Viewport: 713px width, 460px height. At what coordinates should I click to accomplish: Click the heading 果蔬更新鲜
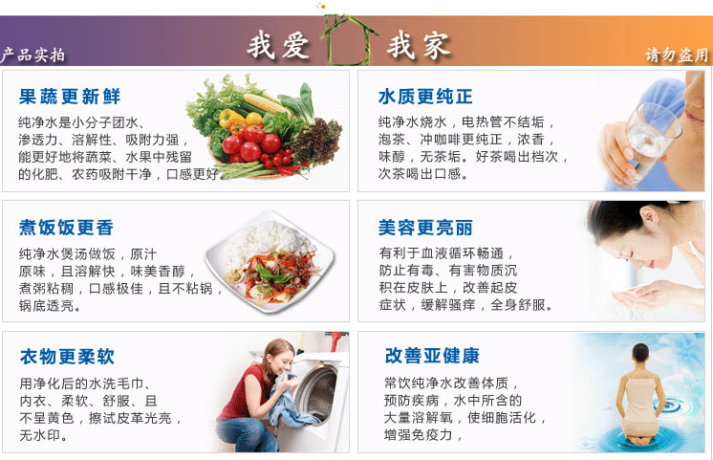[70, 97]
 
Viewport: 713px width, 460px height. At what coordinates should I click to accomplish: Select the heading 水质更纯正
[425, 97]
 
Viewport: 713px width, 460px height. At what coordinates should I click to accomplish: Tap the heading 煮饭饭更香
[66, 228]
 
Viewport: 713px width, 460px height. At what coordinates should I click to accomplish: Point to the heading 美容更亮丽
[425, 228]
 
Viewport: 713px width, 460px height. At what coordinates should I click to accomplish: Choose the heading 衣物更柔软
[67, 357]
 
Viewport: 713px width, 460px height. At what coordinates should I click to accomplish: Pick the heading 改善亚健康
[432, 356]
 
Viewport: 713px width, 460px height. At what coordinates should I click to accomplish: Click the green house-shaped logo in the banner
[348, 40]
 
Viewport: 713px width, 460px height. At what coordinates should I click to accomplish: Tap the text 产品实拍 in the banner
[32, 55]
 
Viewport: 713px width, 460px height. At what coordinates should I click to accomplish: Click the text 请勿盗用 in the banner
[677, 55]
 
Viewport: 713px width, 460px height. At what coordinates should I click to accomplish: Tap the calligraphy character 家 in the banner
[436, 46]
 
